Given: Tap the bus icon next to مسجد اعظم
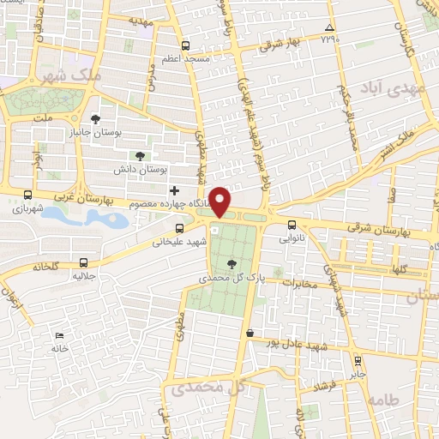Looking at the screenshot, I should (x=186, y=45).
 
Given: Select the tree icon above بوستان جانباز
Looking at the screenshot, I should (x=94, y=120).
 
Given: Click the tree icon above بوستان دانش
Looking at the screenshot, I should (x=139, y=155).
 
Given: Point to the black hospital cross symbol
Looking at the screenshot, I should (x=175, y=190).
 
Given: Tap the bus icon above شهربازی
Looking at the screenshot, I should (x=28, y=195).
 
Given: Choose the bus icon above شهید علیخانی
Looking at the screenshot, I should (x=179, y=228).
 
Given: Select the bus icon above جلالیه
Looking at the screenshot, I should (x=83, y=262).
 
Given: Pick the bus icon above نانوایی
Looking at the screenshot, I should (x=292, y=226).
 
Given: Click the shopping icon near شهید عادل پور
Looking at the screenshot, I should (x=250, y=333).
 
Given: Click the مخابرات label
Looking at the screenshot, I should (x=300, y=284).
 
